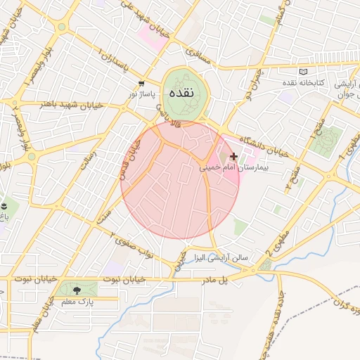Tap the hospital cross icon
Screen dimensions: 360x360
coord(234,156)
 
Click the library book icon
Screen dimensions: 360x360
coord(304,72)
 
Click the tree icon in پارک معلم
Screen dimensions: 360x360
coord(76,290)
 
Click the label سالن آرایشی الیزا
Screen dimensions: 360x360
coord(221,258)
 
